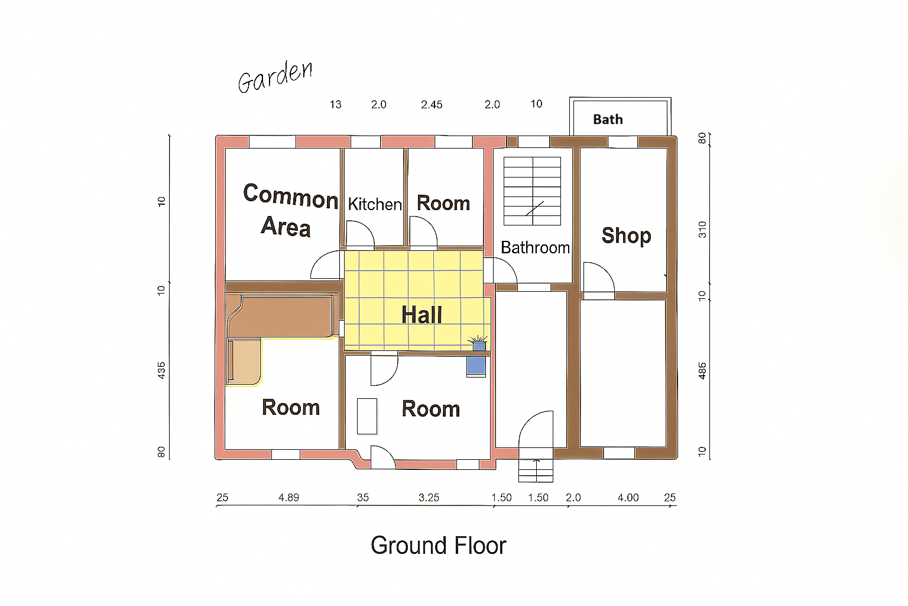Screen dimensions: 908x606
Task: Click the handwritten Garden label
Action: pos(275,77)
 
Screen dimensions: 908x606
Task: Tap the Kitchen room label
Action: pos(375,204)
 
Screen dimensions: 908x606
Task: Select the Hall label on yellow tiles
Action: pos(421,315)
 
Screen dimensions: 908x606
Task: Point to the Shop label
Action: pos(626,236)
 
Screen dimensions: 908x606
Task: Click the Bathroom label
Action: pos(535,247)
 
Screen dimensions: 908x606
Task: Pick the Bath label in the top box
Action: pos(608,120)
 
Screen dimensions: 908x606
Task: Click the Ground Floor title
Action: pos(439,545)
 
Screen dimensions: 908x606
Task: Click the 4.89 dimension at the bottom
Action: pos(288,497)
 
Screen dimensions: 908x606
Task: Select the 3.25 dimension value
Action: pos(429,497)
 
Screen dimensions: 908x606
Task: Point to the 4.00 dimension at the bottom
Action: pos(628,497)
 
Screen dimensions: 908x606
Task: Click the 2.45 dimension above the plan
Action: pos(432,105)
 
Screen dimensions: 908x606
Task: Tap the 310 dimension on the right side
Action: pos(702,230)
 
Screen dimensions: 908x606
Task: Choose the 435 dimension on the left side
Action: pos(161,370)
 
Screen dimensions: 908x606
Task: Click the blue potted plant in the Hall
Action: pos(478,343)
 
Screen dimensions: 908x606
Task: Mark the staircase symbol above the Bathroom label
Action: pos(532,191)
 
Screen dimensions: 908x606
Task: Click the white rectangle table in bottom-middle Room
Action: pos(367,417)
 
